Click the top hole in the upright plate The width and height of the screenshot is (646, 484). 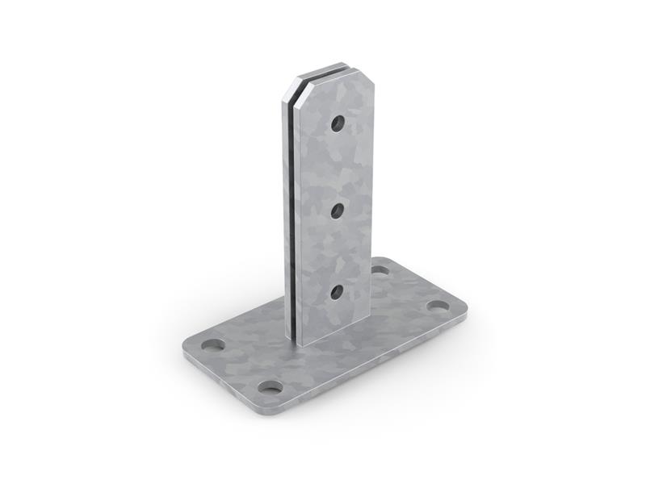coord(338,123)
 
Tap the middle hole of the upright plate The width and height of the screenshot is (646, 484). coord(338,211)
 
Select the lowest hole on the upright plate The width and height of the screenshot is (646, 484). coord(337,291)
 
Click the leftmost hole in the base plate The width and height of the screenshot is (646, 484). coord(213,345)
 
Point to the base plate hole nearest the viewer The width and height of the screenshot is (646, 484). coord(271,387)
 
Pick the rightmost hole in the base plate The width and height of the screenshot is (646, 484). coord(438,307)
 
